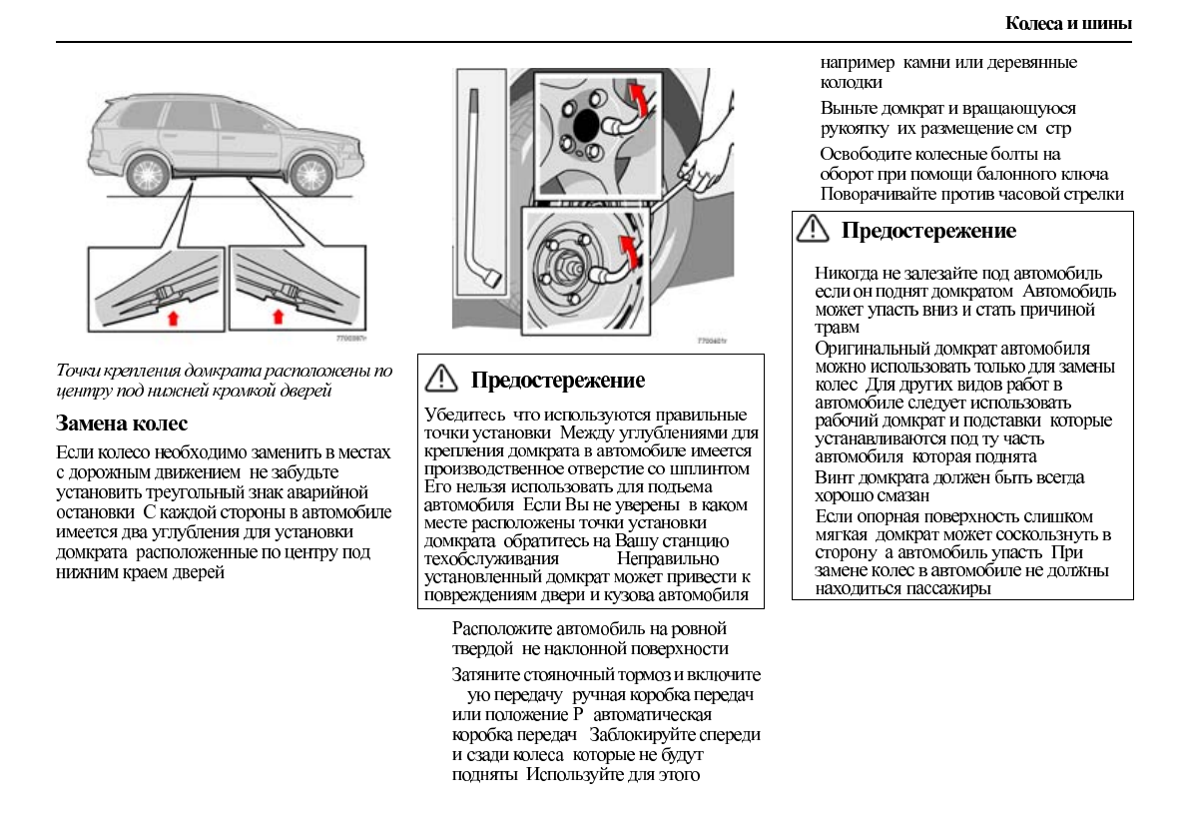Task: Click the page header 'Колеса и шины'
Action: click(x=1067, y=23)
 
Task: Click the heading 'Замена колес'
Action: click(x=121, y=423)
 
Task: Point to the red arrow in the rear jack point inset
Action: click(x=174, y=318)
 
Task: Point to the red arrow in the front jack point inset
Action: click(x=279, y=318)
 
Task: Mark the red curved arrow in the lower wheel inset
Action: click(x=627, y=250)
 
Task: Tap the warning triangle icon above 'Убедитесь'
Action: click(x=440, y=380)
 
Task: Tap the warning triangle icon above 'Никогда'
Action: click(x=813, y=231)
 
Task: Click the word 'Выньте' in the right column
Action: click(x=845, y=108)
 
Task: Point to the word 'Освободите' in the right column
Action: click(x=861, y=154)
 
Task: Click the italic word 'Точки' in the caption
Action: click(x=78, y=371)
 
